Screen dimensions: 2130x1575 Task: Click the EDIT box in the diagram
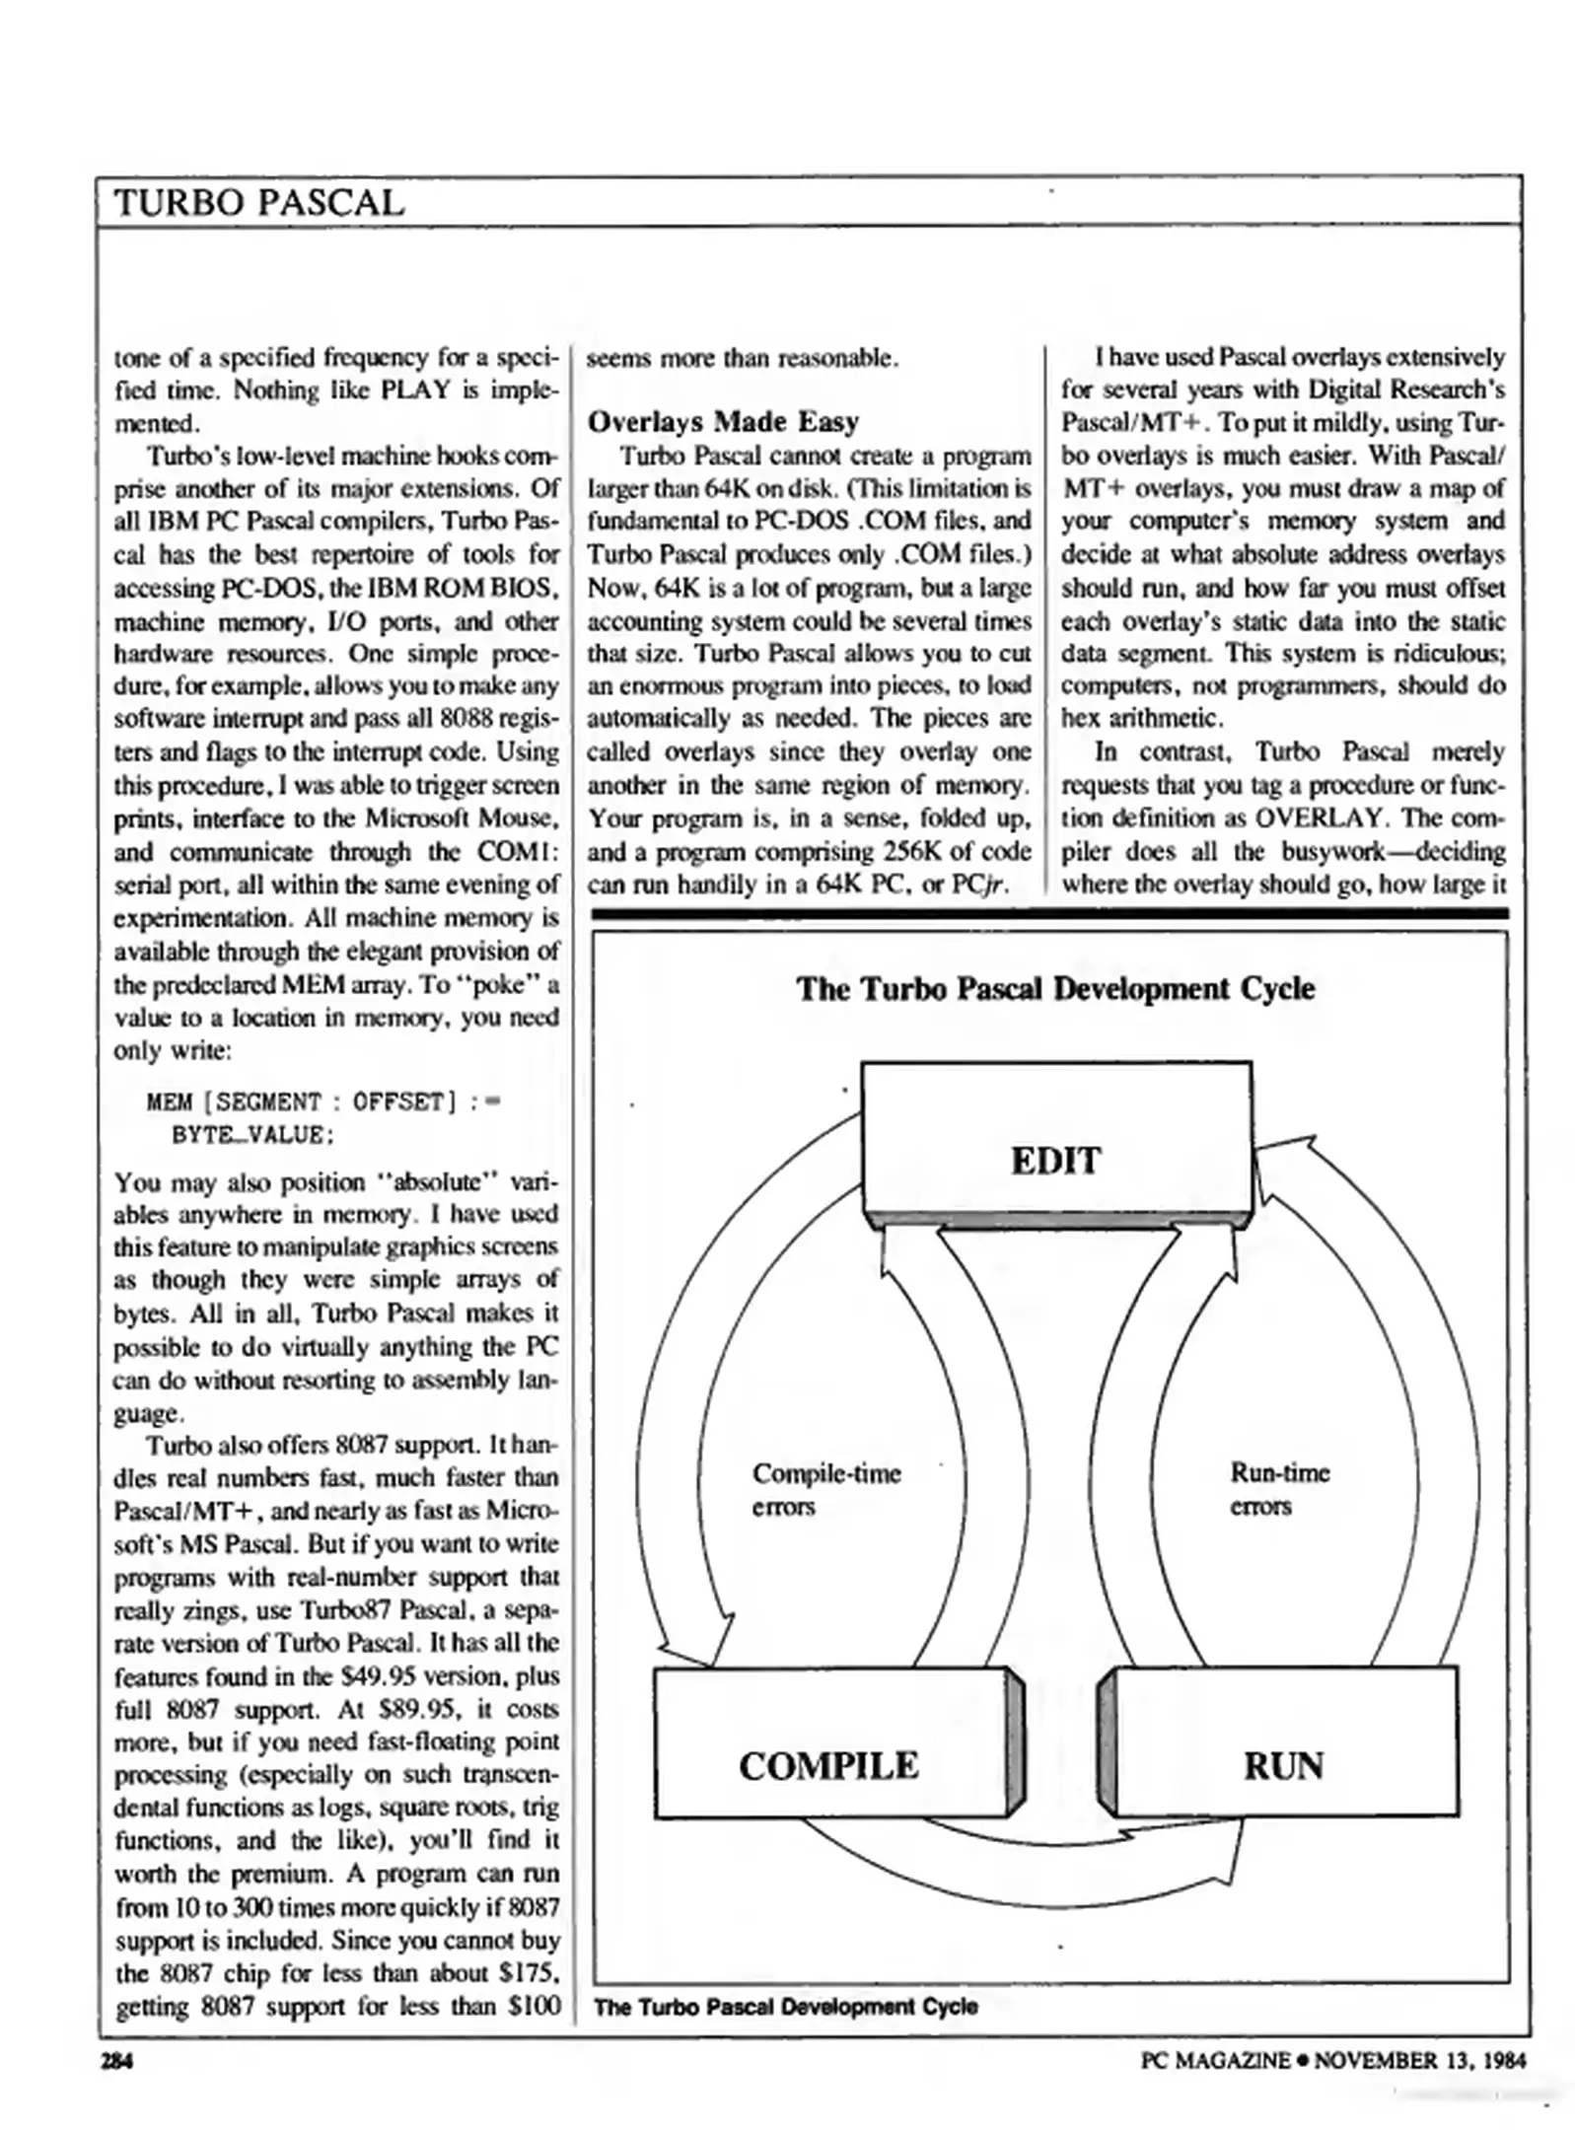1055,1160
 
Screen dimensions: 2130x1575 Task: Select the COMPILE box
828,1764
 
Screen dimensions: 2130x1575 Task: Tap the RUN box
1282,1764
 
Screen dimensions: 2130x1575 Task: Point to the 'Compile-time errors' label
824,1489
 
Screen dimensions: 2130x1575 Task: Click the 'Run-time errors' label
1278,1489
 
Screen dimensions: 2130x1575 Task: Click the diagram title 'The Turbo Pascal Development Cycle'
1055,988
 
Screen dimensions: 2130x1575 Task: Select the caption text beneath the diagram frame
786,2006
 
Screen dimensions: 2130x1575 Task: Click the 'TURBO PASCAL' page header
259,202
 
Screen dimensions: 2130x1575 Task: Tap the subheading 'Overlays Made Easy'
723,422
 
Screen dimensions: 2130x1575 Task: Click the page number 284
117,2060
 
